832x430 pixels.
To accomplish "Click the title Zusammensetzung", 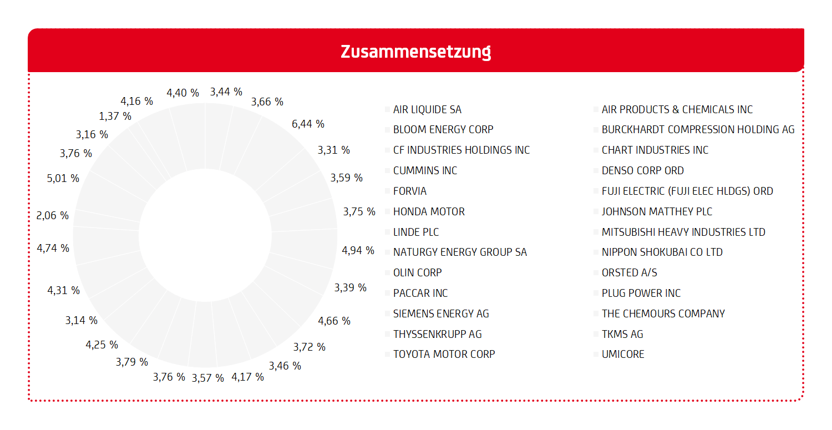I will pos(415,52).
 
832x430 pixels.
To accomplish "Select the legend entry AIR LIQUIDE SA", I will pos(427,110).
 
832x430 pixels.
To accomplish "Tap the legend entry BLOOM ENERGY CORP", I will pos(443,130).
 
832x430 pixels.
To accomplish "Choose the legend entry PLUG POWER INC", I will pos(641,293).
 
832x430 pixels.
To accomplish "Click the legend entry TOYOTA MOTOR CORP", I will pos(444,354).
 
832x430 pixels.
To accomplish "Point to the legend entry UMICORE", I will pos(622,354).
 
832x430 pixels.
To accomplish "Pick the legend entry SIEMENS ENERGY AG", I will pos(441,313).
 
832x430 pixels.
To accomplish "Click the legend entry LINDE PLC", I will pos(415,232).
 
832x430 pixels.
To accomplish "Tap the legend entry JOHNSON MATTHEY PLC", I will pos(657,211).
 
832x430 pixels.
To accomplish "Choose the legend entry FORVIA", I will pos(409,191).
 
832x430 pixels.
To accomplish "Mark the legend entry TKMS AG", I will pos(622,334).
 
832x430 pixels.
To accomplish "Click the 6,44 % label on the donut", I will pos(308,124).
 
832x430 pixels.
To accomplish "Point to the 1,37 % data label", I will pos(115,116).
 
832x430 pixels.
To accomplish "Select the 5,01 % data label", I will pos(63,178).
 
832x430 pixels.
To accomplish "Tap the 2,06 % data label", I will pos(53,215).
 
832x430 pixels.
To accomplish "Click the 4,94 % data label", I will pos(358,250).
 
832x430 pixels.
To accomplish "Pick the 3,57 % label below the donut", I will pos(208,378).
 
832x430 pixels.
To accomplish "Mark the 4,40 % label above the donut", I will pos(182,93).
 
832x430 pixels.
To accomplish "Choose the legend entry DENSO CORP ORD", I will pos(642,170).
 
